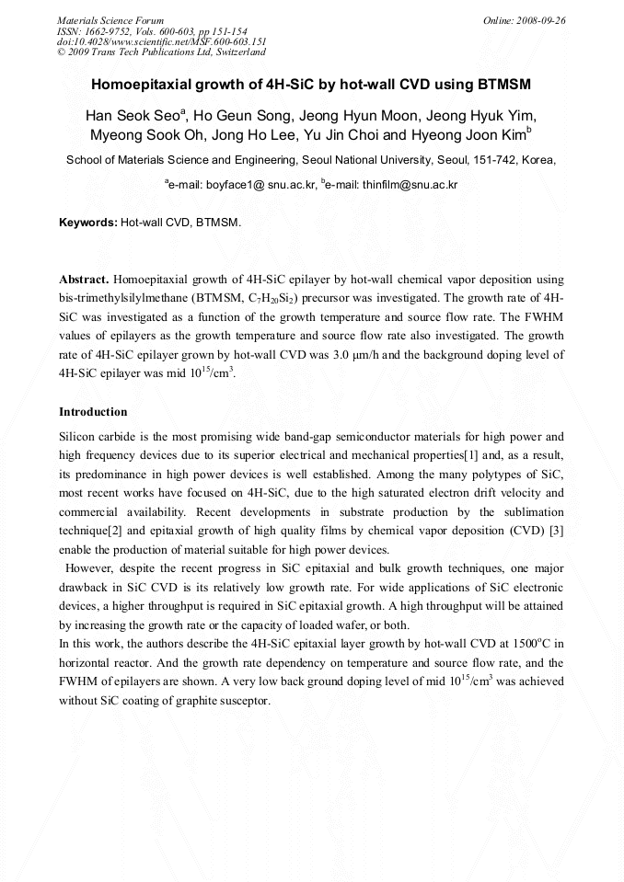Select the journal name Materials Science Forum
point(110,19)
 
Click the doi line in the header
point(162,41)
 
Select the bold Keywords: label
point(88,223)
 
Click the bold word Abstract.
point(85,279)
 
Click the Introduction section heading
point(93,411)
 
